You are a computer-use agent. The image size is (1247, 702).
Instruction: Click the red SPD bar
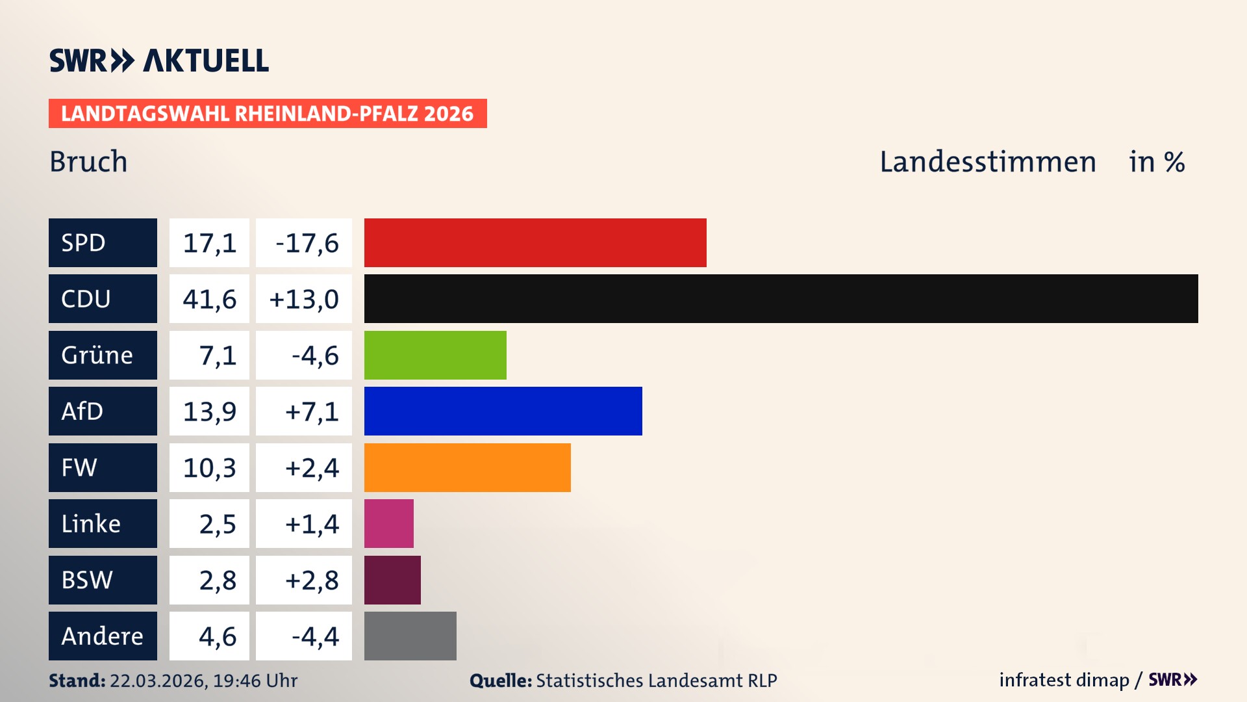(535, 242)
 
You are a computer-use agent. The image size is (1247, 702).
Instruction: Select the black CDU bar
(781, 298)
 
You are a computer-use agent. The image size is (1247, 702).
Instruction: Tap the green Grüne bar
(435, 355)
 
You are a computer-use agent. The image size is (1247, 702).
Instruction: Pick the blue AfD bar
(503, 411)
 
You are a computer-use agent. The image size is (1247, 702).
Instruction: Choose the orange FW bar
(467, 467)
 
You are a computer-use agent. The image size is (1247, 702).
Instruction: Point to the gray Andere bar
(410, 636)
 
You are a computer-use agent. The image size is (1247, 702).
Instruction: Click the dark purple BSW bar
(392, 580)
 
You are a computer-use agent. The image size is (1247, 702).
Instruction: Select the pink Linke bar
(388, 523)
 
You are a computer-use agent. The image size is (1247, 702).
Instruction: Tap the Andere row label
(103, 636)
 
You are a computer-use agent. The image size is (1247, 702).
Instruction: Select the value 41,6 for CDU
(209, 299)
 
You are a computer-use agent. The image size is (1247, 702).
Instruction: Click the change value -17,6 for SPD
(307, 243)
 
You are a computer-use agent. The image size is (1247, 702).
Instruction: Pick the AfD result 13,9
(209, 411)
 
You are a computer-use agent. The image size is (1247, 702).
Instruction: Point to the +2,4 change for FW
(312, 468)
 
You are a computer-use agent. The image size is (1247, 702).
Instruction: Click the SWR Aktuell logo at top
(158, 60)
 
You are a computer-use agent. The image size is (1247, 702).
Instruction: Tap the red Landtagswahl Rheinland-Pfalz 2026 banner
(268, 114)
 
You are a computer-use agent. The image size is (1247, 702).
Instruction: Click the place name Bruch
(88, 161)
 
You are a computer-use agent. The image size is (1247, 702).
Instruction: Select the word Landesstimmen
(987, 161)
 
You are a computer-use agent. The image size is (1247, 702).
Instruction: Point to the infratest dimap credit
(1063, 680)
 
